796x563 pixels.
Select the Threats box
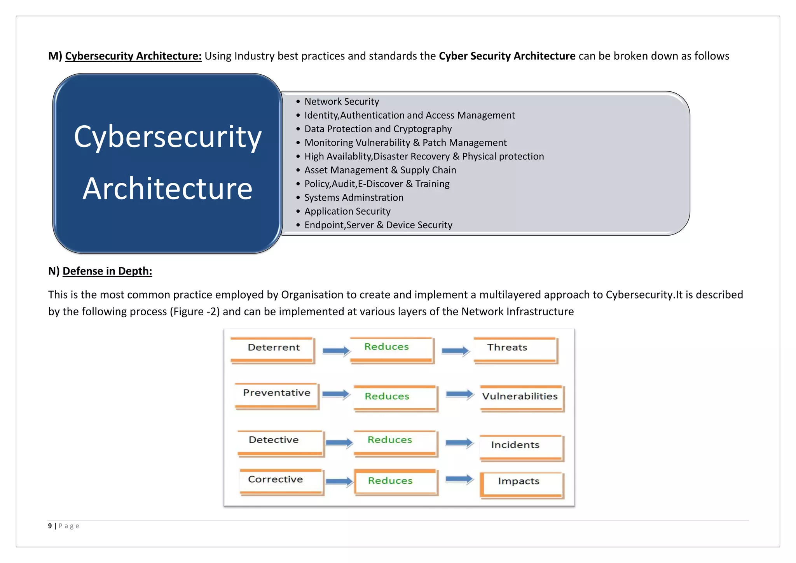pyautogui.click(x=515, y=349)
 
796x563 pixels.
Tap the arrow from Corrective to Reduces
pyautogui.click(x=339, y=482)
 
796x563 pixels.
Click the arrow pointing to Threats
pyautogui.click(x=455, y=351)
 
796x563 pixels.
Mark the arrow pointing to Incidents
pyautogui.click(x=459, y=443)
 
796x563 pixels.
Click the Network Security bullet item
pyautogui.click(x=341, y=101)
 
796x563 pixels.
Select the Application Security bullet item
pyautogui.click(x=347, y=211)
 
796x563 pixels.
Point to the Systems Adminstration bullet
pyautogui.click(x=353, y=198)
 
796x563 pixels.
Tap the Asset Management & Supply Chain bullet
pyautogui.click(x=380, y=170)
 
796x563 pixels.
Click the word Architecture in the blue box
pyautogui.click(x=168, y=189)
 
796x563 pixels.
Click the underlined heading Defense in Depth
pyautogui.click(x=107, y=271)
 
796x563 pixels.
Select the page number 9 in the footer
pyautogui.click(x=50, y=526)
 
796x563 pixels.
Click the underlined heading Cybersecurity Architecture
pyautogui.click(x=133, y=56)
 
